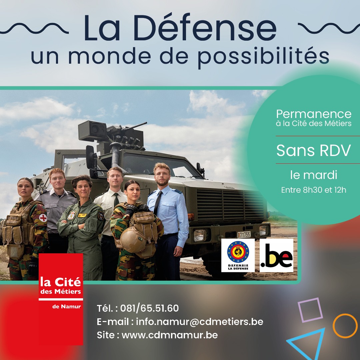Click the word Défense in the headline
tap(205, 28)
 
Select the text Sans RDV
tap(313, 151)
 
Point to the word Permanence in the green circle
tap(314, 114)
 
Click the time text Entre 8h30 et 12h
tap(314, 190)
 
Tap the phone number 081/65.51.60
tap(149, 308)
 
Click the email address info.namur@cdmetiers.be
tap(200, 322)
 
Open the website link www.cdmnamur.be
tap(170, 335)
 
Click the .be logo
tap(276, 255)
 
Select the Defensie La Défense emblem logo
tap(238, 255)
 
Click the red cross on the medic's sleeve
tap(43, 218)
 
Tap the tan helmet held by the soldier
tap(133, 240)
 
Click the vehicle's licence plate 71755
tap(244, 235)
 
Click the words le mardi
tap(314, 175)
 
